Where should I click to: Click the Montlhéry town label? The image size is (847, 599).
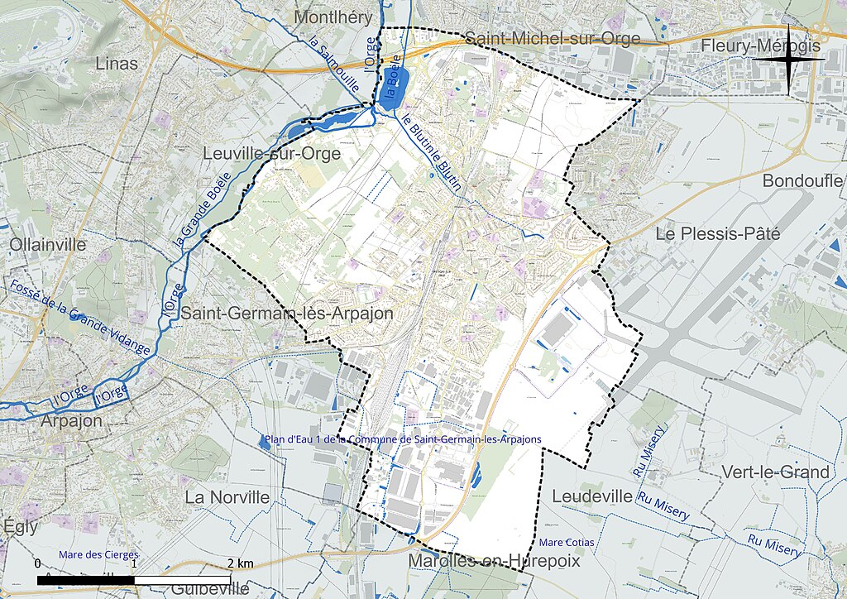pos(339,17)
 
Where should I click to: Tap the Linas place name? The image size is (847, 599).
pos(117,64)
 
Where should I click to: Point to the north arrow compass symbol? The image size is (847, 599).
pos(789,59)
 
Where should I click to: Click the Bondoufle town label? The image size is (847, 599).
pos(802,180)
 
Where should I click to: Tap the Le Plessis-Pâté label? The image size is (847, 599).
pos(717,234)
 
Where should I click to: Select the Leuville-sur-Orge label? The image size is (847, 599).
pos(272,154)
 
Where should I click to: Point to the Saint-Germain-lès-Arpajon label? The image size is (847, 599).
pos(287,314)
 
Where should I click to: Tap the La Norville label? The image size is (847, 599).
pos(227,497)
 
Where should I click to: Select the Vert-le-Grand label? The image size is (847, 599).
pos(775,472)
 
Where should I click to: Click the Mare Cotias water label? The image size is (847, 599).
pos(566,543)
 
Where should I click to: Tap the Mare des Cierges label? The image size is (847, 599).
pos(98,554)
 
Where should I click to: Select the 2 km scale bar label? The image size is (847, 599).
pos(241,563)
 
